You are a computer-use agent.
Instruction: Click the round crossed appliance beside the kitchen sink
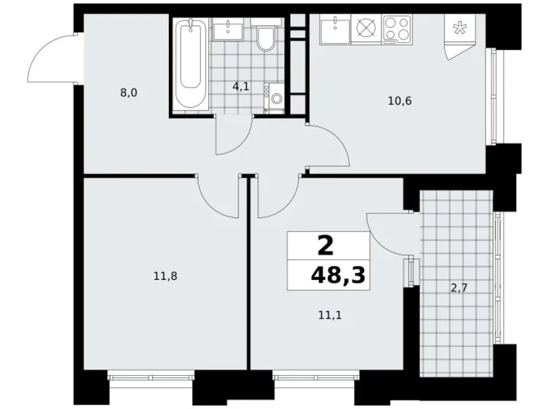pyautogui.click(x=367, y=30)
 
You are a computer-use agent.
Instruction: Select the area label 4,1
pyautogui.click(x=241, y=87)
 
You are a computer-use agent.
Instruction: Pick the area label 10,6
pyautogui.click(x=399, y=100)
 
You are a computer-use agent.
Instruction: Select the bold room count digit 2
pyautogui.click(x=325, y=245)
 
